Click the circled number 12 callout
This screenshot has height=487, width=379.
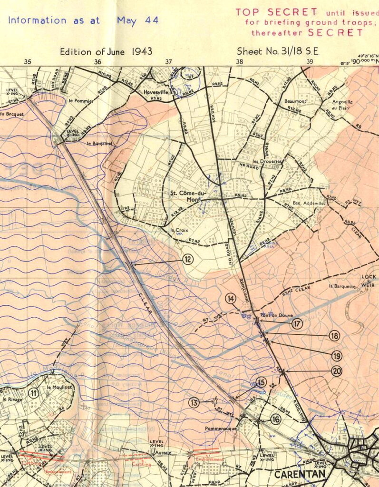tap(188, 259)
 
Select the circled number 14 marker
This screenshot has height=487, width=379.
tap(231, 299)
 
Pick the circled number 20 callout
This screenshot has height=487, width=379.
tap(337, 371)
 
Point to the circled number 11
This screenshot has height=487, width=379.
tap(33, 393)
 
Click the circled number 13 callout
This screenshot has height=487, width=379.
tap(194, 403)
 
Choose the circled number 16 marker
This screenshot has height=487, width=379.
tap(276, 419)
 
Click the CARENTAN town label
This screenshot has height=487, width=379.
tap(301, 474)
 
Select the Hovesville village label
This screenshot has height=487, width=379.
tap(157, 92)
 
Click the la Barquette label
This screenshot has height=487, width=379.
tap(342, 286)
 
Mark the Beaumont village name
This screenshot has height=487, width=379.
tap(295, 101)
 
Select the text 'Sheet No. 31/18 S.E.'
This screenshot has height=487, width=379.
tap(277, 52)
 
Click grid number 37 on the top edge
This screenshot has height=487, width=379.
tap(169, 62)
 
